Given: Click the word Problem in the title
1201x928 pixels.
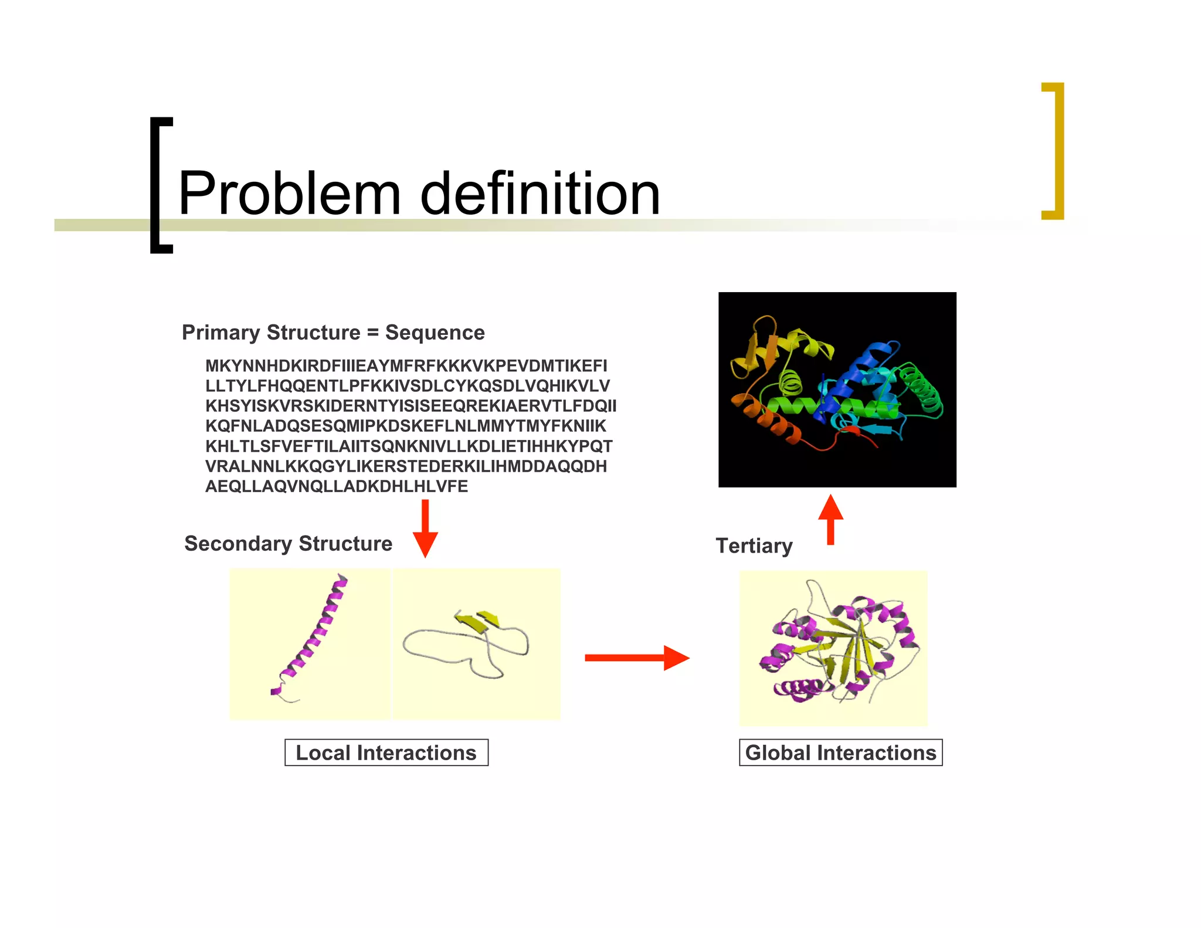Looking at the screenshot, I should (289, 194).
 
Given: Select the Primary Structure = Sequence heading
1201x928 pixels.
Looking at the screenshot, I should (333, 333).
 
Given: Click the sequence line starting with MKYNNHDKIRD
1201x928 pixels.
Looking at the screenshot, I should (406, 366).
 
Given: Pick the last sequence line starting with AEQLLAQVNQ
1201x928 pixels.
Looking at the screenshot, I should (336, 486).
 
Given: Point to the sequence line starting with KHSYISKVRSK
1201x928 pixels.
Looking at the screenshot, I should (410, 406).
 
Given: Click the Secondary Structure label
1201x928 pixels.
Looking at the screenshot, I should (288, 544).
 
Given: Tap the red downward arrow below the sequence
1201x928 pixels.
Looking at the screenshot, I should (425, 528).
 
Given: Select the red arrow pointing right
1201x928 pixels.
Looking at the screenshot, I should (636, 658).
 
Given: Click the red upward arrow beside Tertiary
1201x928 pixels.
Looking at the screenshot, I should (830, 519).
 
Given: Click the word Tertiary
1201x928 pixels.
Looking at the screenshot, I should (754, 546).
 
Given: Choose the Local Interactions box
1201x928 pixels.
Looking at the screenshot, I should (386, 753).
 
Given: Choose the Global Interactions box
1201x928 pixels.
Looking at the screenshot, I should (840, 753).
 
